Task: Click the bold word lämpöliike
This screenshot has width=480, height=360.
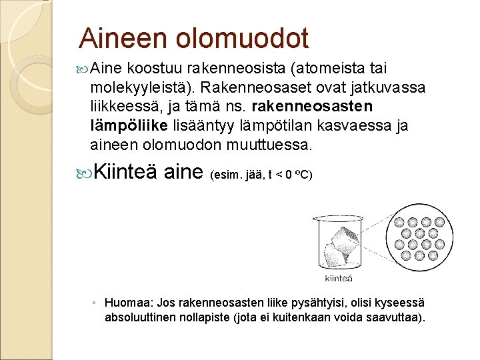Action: (125, 125)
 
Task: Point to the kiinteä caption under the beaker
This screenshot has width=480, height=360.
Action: (338, 278)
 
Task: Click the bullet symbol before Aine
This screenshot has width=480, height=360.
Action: (83, 69)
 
